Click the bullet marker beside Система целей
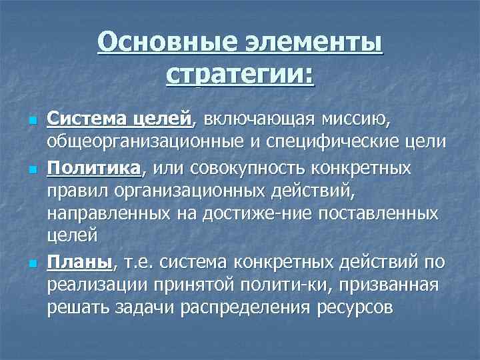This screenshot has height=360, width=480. click(31, 121)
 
